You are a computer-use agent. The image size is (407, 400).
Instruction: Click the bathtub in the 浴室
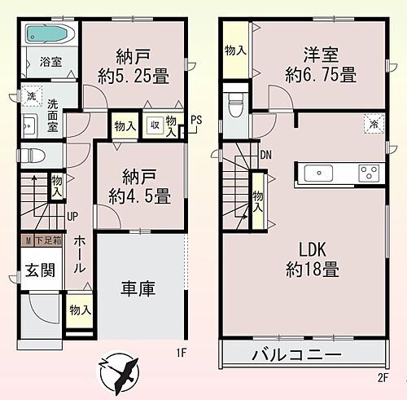48,34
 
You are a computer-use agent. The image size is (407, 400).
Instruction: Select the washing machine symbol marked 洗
30,95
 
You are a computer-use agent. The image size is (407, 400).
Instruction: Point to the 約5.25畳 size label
133,77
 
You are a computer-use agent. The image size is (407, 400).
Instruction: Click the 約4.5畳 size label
139,196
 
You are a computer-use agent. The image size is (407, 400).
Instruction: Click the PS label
196,120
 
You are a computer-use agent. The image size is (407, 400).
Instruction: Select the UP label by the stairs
73,217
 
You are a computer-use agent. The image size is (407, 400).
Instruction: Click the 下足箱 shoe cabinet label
46,241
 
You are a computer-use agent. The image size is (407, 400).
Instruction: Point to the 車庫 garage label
138,289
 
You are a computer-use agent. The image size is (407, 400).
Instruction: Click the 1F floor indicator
182,354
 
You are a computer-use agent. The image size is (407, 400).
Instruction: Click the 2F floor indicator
383,379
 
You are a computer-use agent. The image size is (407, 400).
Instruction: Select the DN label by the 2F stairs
265,155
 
